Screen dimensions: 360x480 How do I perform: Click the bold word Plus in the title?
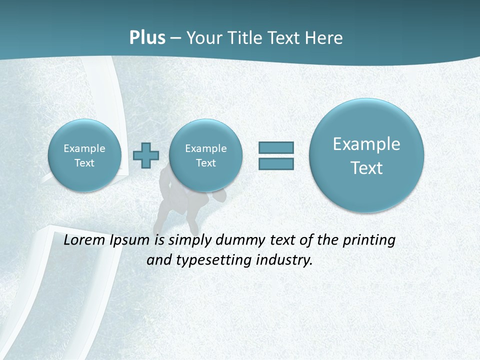click(147, 38)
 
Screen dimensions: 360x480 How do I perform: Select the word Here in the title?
click(325, 38)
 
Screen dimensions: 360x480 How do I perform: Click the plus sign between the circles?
click(146, 155)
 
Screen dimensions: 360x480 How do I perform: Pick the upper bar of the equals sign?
click(276, 147)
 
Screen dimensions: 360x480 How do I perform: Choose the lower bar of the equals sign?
click(276, 163)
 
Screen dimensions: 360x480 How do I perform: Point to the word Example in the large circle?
click(366, 144)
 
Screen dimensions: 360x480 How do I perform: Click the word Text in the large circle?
click(366, 168)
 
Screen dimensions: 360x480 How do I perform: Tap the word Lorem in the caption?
click(84, 240)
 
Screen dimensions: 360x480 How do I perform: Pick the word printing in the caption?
click(369, 240)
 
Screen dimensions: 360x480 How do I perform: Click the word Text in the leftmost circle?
click(84, 163)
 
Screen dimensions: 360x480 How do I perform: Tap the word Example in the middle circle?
click(206, 148)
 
